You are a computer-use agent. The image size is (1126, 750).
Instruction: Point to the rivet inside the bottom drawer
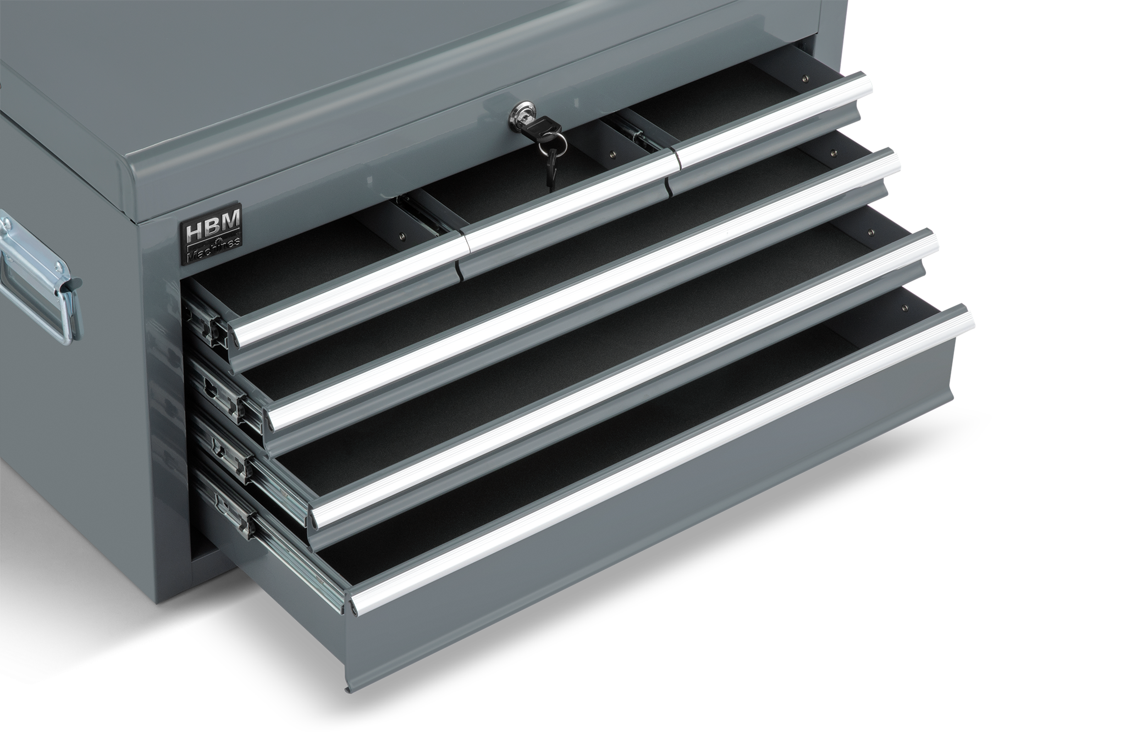pyautogui.click(x=904, y=308)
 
